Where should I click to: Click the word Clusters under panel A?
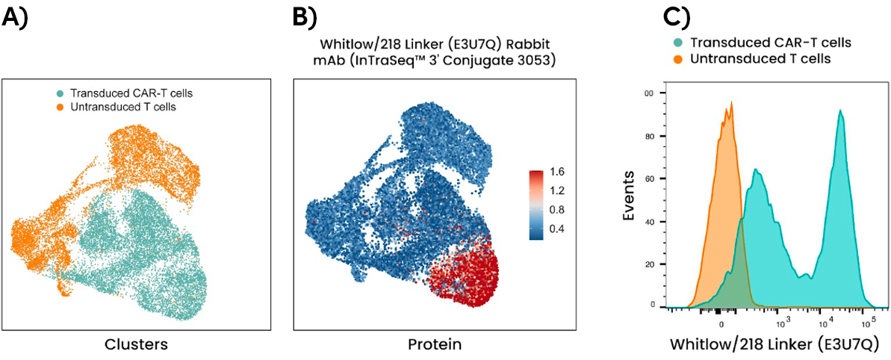point(135,344)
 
